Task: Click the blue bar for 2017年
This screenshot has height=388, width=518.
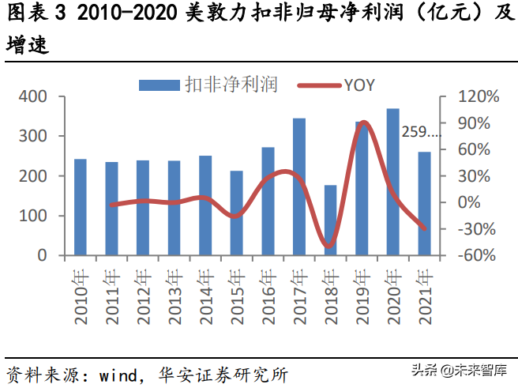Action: click(299, 186)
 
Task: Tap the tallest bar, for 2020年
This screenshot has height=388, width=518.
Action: click(392, 182)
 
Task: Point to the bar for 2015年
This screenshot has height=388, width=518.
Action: click(237, 213)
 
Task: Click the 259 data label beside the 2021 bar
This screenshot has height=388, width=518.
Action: click(421, 132)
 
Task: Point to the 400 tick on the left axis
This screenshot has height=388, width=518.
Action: click(34, 96)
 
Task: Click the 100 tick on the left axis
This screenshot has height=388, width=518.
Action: click(34, 216)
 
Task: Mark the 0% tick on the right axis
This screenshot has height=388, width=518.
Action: click(469, 202)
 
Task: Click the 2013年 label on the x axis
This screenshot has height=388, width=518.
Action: click(175, 296)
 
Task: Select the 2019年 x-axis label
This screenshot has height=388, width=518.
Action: click(362, 296)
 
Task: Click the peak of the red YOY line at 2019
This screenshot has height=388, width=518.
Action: click(362, 122)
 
